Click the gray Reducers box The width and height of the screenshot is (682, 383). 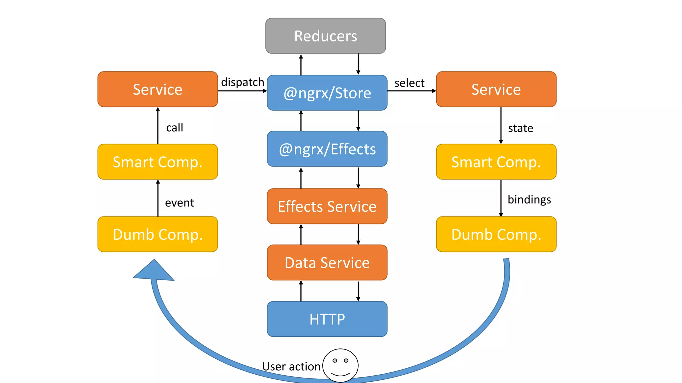click(325, 36)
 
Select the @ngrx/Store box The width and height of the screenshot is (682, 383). click(327, 93)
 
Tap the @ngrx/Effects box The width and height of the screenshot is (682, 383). click(327, 149)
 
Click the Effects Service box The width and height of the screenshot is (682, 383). click(327, 206)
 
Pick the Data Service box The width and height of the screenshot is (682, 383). click(327, 263)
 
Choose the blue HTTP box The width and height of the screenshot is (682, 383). click(327, 319)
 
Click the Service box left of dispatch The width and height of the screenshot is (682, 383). click(158, 89)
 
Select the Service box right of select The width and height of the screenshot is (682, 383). click(496, 89)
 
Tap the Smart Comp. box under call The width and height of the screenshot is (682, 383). click(158, 162)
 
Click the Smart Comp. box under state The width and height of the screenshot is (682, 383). click(496, 162)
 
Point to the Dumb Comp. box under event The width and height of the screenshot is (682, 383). click(158, 234)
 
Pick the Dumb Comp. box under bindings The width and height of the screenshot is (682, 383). click(496, 234)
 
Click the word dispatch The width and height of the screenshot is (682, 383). click(242, 82)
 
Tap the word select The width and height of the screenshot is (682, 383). click(409, 83)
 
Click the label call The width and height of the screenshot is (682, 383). click(174, 127)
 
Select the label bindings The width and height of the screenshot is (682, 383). click(529, 199)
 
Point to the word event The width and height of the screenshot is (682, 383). click(179, 202)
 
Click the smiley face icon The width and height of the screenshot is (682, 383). click(340, 365)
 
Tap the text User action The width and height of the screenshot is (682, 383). click(291, 366)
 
